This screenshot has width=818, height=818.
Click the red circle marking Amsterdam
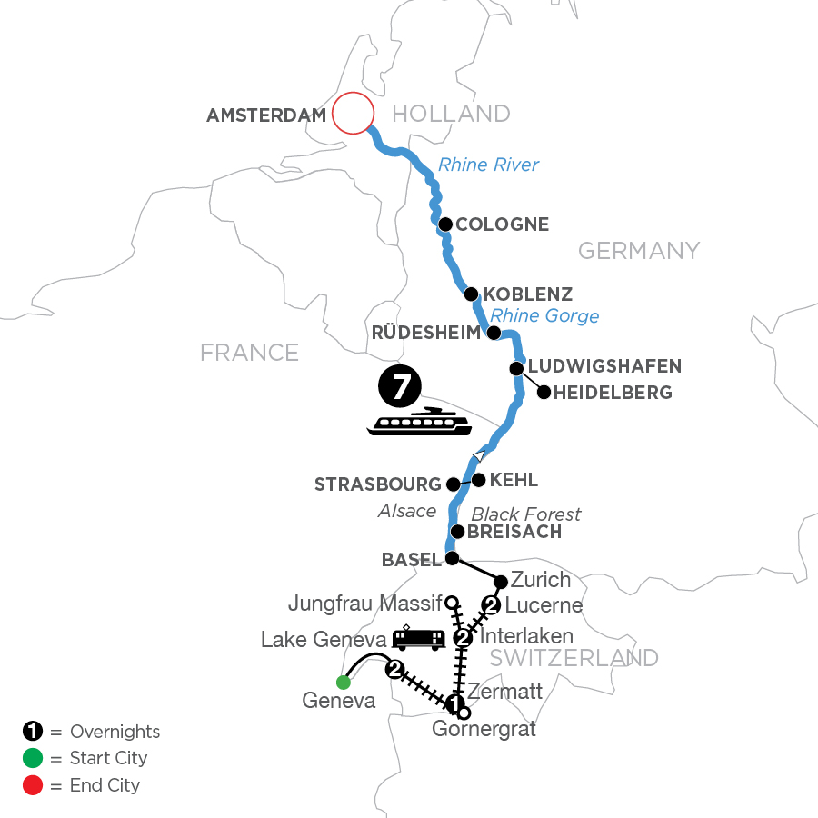353,115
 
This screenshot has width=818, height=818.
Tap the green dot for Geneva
343,683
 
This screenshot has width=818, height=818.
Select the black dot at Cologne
445,224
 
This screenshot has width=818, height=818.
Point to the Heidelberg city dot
544,393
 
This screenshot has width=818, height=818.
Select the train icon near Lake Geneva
418,639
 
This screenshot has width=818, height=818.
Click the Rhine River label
488,165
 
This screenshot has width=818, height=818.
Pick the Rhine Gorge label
544,315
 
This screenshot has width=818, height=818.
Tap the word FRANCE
250,351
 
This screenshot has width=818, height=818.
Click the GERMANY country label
639,250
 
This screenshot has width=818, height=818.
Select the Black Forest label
526,514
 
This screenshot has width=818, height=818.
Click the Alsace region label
407,511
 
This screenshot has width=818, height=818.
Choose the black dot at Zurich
500,580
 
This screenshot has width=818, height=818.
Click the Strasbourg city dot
452,484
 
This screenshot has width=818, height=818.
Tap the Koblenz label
529,294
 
